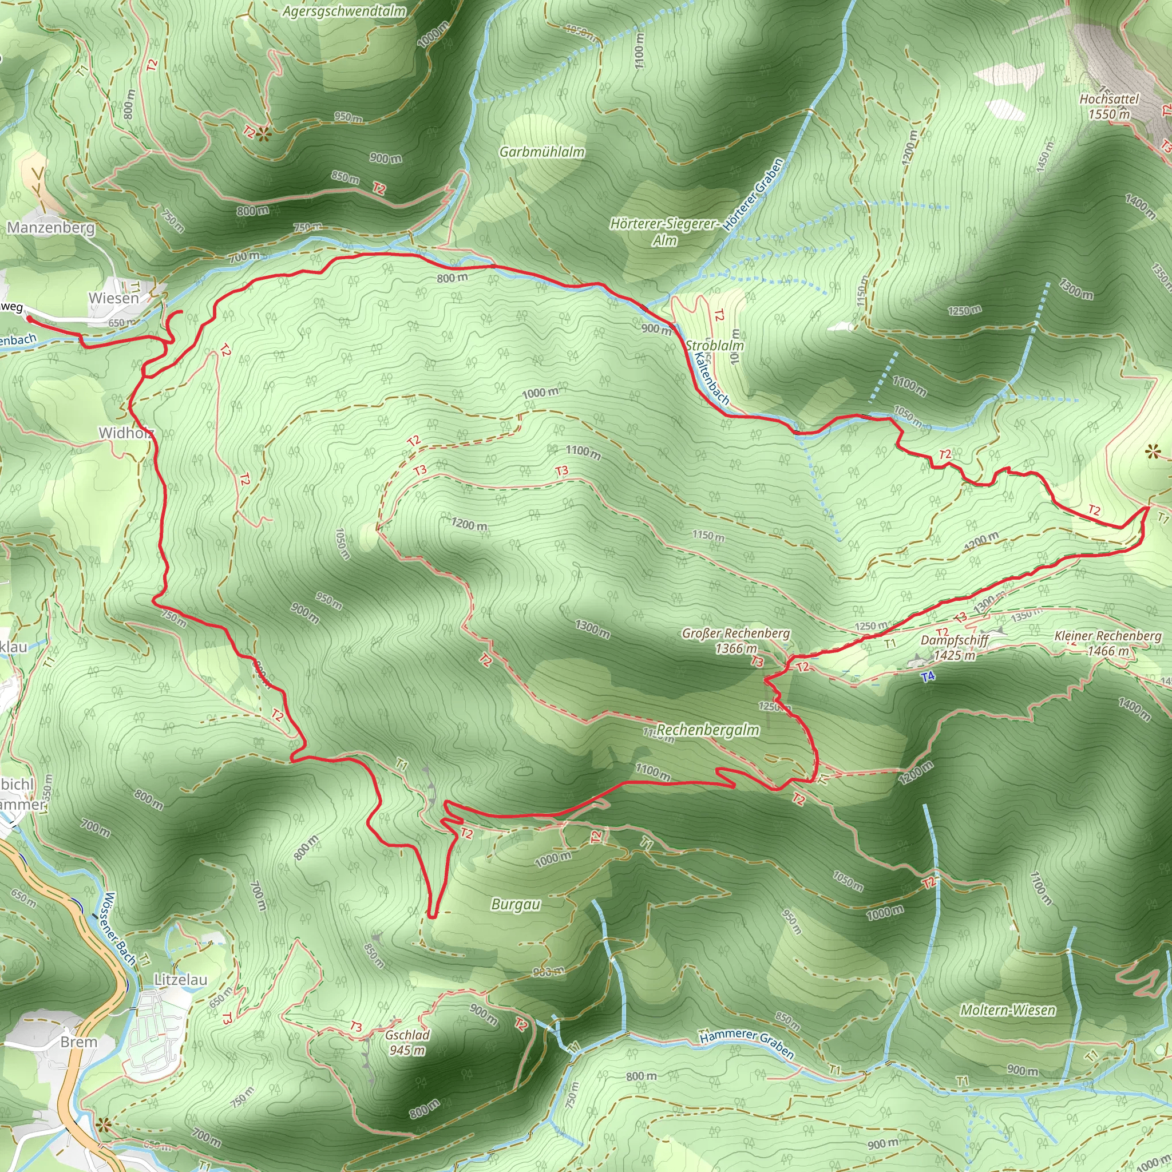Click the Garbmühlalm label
coord(542,152)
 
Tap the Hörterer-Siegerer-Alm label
coord(664,232)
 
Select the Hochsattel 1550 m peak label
coord(1109,106)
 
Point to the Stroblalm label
coord(714,345)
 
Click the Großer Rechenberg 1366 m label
coord(736,640)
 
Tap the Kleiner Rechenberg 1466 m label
coord(1108,643)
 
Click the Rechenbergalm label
coord(707,730)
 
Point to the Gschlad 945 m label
coord(407,1042)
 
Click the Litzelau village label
coord(180,980)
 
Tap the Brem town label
coord(79,1042)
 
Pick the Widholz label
coord(126,433)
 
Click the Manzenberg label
coord(51,228)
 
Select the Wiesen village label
coord(113,299)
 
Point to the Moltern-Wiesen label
coord(1008,1010)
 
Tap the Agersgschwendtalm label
coord(344,11)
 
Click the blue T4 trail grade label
coord(928,676)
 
